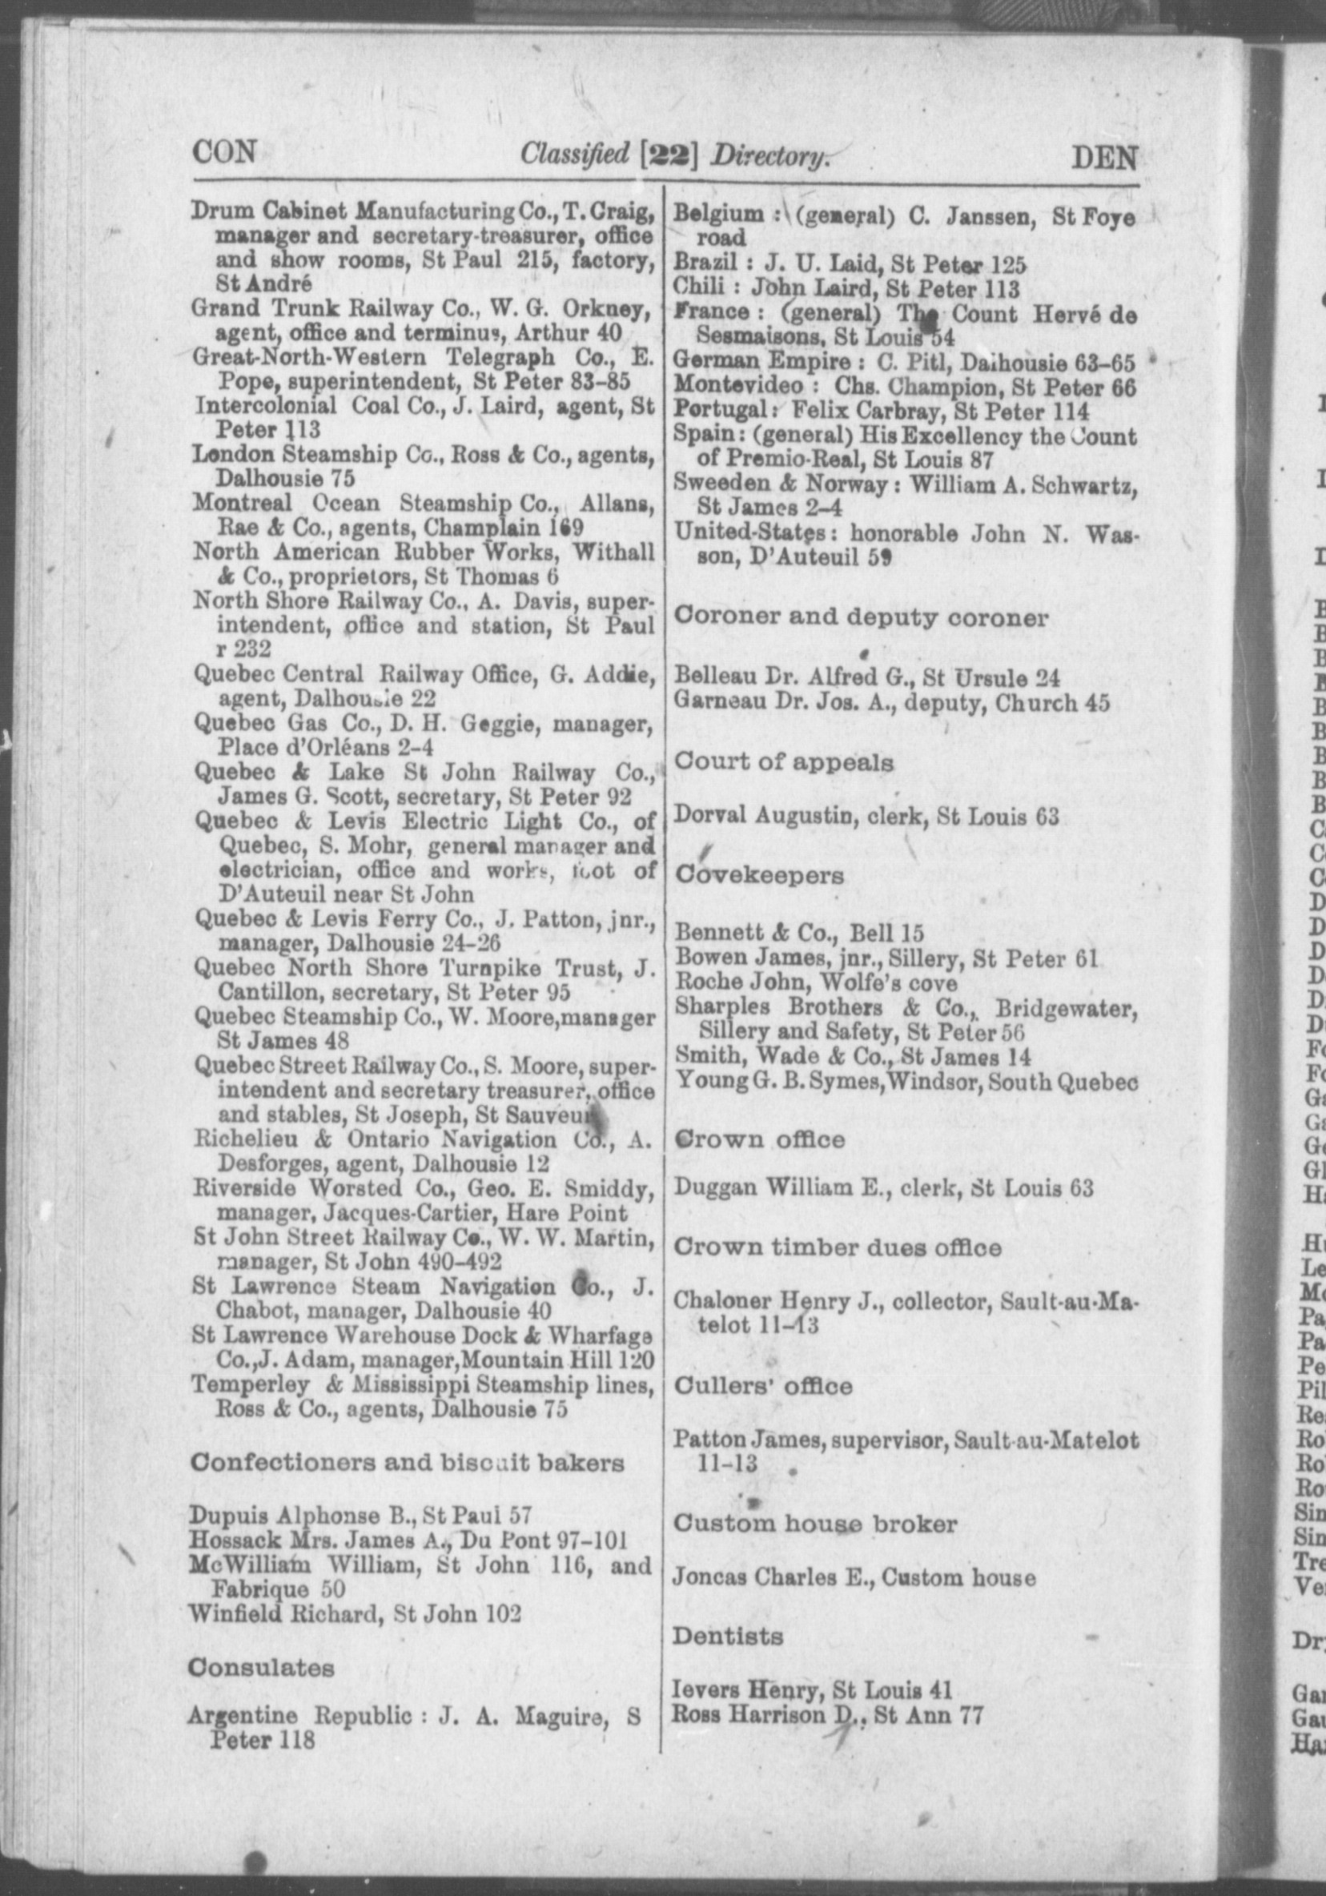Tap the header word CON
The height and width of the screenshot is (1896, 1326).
223,152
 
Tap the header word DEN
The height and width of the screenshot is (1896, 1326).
1104,157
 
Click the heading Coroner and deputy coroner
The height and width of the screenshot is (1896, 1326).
861,617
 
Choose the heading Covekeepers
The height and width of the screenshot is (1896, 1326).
759,874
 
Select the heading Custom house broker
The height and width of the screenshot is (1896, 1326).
815,1524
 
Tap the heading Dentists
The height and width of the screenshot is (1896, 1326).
727,1635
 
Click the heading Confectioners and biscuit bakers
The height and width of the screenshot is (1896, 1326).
406,1463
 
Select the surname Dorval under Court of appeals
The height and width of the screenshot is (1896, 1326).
709,815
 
